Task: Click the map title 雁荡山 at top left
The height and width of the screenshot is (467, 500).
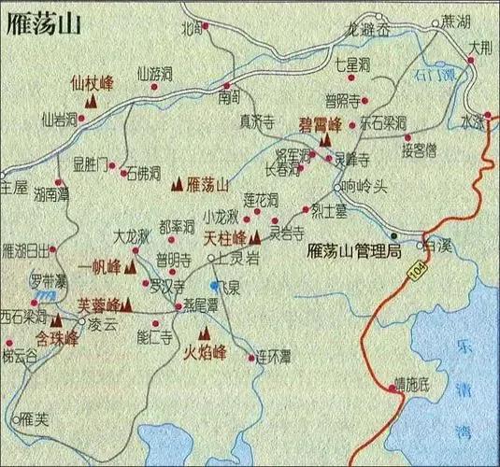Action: tap(43, 26)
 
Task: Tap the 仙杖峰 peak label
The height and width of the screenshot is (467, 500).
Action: tap(92, 82)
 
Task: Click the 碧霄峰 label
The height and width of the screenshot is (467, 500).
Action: tap(319, 122)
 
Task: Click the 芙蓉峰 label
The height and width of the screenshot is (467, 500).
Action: tap(98, 304)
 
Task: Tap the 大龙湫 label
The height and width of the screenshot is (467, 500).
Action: tap(131, 237)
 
